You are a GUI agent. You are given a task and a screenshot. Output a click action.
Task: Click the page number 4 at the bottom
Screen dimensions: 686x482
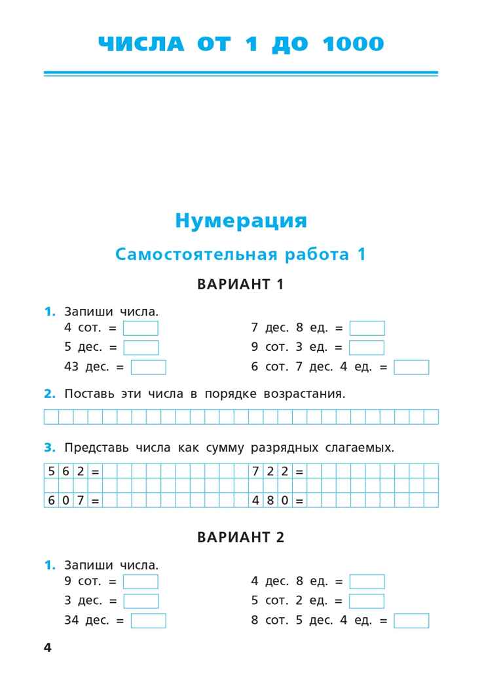(47, 648)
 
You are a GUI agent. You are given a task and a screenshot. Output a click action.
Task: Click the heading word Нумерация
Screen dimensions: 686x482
(240, 221)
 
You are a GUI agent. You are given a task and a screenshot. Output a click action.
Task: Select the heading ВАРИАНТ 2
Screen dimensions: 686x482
(240, 537)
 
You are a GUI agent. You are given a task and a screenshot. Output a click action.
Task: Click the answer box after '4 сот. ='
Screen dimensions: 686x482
(141, 329)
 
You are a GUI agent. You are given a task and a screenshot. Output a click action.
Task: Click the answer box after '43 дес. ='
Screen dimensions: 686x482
(148, 367)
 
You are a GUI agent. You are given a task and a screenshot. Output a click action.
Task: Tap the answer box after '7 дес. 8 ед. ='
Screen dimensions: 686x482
(367, 329)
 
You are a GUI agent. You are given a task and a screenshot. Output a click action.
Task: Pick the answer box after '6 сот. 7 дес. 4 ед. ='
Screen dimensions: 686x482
(411, 367)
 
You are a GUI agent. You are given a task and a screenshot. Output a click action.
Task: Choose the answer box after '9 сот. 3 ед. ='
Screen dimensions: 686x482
(367, 348)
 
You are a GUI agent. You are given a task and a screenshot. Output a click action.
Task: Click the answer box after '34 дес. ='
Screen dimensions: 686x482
(148, 621)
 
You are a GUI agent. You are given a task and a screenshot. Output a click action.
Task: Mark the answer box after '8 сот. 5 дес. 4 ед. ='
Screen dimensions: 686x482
(411, 621)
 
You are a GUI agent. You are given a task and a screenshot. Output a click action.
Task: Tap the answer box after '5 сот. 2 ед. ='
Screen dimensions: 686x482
(367, 601)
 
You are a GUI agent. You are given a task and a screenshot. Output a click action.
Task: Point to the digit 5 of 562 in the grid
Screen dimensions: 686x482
(52, 471)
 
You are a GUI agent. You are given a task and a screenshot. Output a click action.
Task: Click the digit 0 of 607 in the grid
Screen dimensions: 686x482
(66, 501)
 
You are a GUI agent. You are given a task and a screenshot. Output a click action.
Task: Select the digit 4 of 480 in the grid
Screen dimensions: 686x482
(257, 501)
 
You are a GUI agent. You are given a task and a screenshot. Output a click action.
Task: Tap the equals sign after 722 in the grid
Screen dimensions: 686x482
(300, 471)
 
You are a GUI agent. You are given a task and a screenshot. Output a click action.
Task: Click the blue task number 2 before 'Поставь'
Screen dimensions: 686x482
(50, 394)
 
